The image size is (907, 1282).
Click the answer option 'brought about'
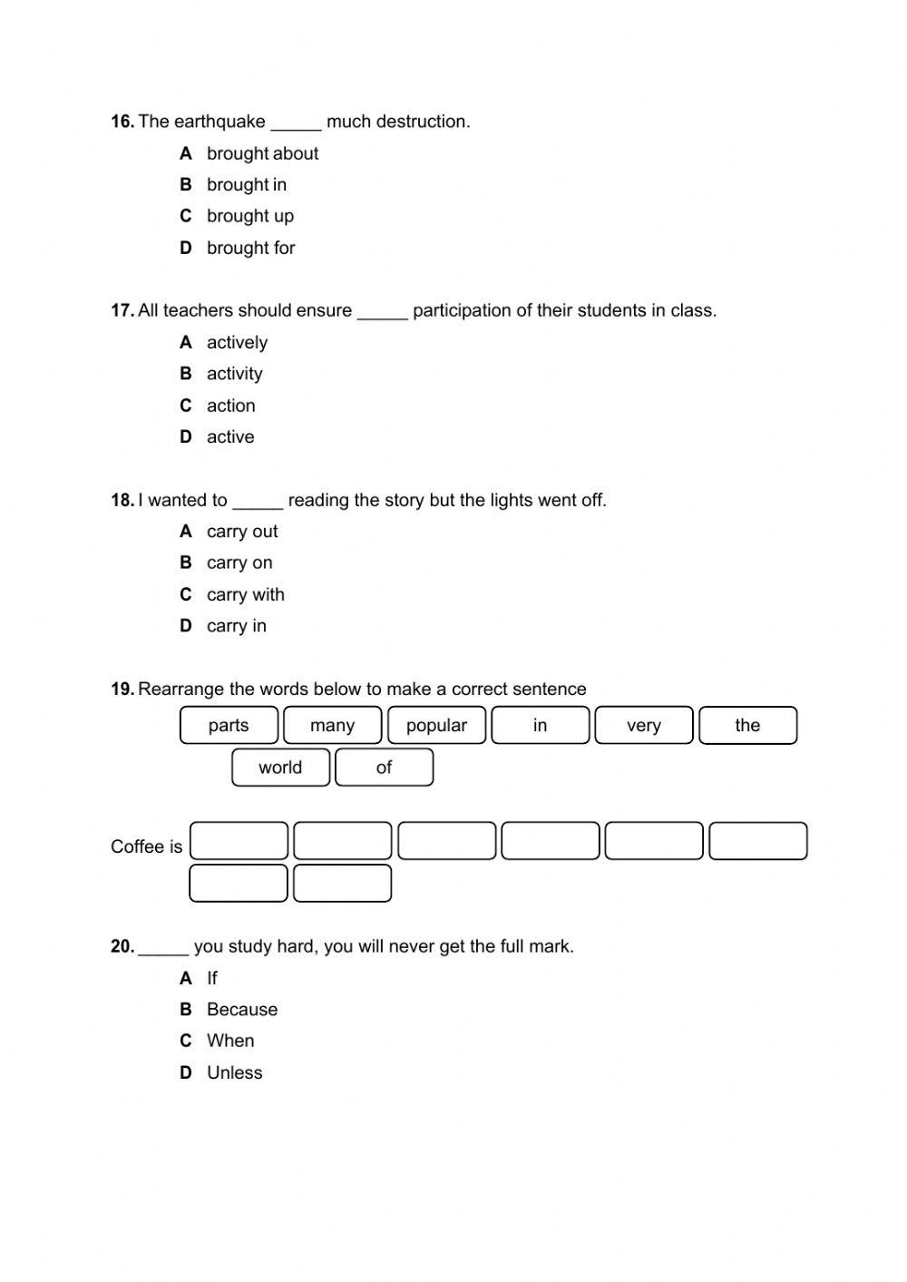pyautogui.click(x=262, y=153)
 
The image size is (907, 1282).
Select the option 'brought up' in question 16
pyautogui.click(x=249, y=216)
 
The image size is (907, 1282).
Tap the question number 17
pyautogui.click(x=122, y=310)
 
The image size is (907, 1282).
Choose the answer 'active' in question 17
pyautogui.click(x=230, y=437)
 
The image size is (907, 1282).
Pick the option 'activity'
pyautogui.click(x=234, y=374)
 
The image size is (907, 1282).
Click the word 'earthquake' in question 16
pyautogui.click(x=219, y=122)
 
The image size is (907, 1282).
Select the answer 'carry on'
pyautogui.click(x=239, y=563)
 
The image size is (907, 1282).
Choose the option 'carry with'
pyautogui.click(x=245, y=594)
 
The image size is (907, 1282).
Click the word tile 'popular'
pyautogui.click(x=436, y=725)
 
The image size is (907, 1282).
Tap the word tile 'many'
pyautogui.click(x=332, y=725)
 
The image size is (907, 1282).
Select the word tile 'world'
pyautogui.click(x=280, y=768)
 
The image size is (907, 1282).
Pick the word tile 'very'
pyautogui.click(x=644, y=725)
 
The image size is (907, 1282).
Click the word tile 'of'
pyautogui.click(x=384, y=768)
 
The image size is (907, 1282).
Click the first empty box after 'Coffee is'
pyautogui.click(x=239, y=841)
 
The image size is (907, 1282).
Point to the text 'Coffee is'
pyautogui.click(x=146, y=847)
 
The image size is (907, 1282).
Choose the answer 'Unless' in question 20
pyautogui.click(x=234, y=1072)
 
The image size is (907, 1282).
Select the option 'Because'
pyautogui.click(x=242, y=1009)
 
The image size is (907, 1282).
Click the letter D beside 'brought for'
pyautogui.click(x=186, y=248)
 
